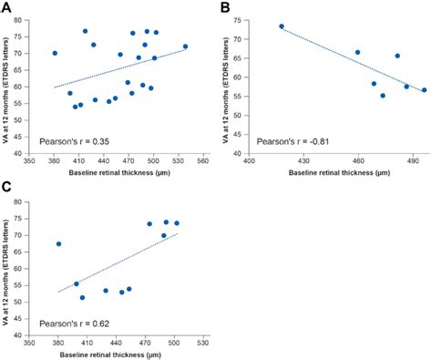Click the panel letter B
[x=224, y=8]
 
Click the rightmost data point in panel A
[x=185, y=46]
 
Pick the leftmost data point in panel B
[x=282, y=26]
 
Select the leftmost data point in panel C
[x=58, y=243]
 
